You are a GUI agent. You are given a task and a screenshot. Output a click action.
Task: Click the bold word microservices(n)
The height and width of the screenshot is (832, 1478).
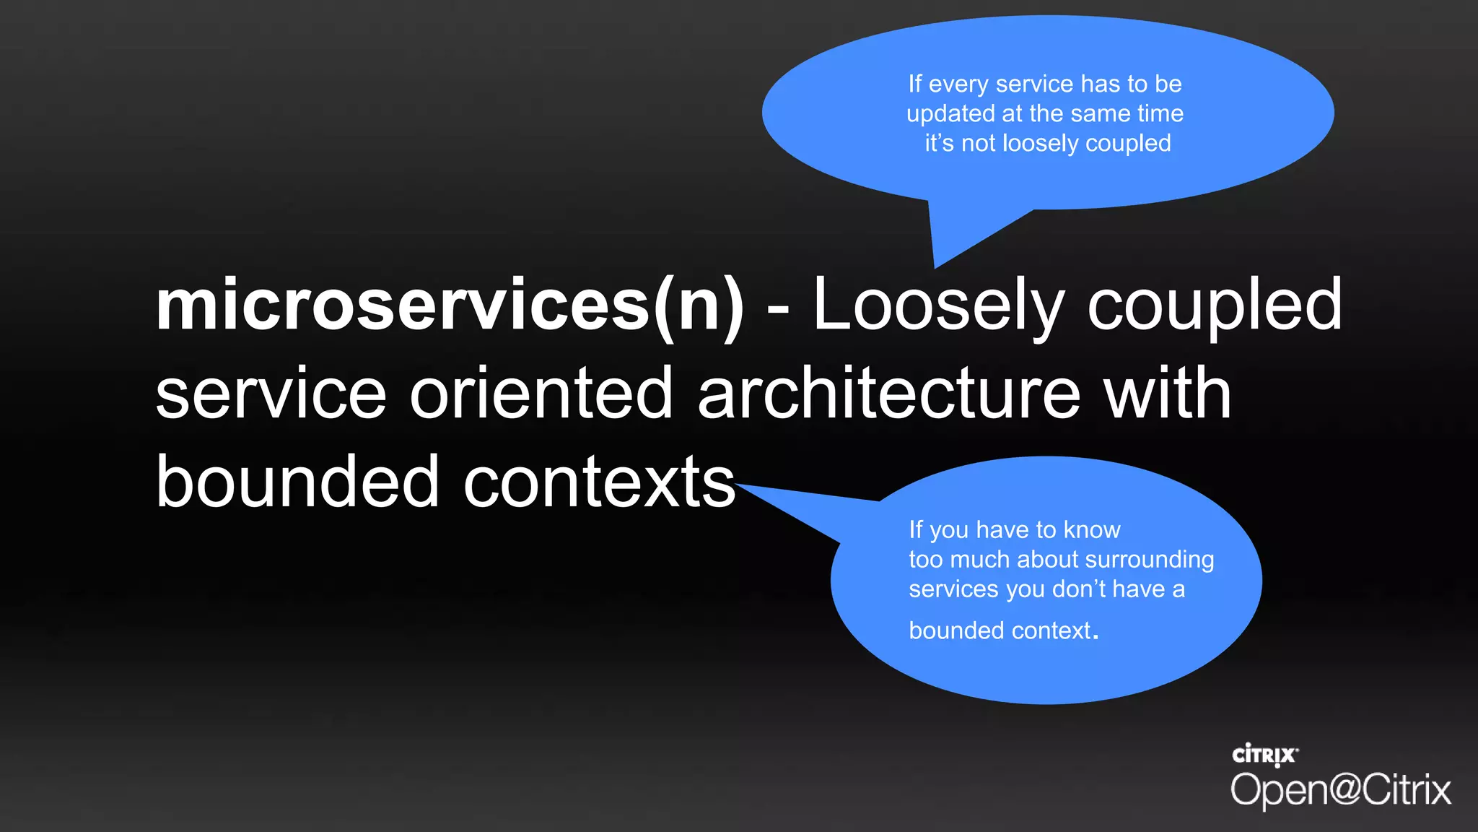coord(450,307)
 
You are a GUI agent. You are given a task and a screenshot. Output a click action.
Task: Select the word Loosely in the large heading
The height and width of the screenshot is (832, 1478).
coord(938,307)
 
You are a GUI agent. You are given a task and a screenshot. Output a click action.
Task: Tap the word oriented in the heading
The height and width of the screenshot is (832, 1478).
coord(541,394)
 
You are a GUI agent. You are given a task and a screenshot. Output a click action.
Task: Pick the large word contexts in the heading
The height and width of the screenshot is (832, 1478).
coord(599,482)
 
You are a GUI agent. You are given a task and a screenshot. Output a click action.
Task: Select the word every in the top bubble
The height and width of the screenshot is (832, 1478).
coord(958,85)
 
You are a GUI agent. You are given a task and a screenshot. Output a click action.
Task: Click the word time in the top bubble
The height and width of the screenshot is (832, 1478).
coord(1160,113)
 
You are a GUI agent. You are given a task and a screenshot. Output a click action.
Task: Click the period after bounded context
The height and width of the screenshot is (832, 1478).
coord(1096,636)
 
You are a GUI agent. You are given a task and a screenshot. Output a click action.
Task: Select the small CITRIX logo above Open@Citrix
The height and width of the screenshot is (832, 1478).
coord(1264,755)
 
